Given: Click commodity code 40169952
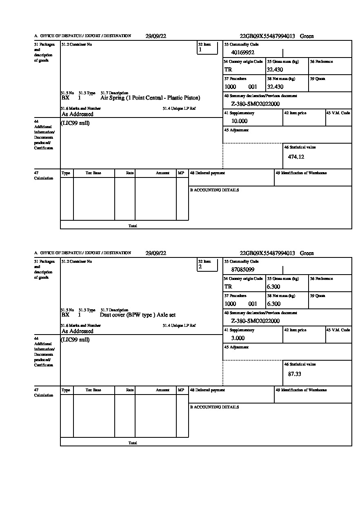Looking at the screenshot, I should pyautogui.click(x=242, y=53).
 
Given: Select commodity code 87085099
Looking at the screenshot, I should pyautogui.click(x=242, y=270).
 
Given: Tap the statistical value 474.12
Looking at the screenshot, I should pyautogui.click(x=296, y=157).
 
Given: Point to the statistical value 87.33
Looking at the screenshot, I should pyautogui.click(x=294, y=374).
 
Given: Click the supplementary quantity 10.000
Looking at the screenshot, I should pyautogui.click(x=239, y=121).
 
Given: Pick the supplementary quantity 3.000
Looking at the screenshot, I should pyautogui.click(x=238, y=338).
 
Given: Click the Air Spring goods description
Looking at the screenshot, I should pyautogui.click(x=150, y=98).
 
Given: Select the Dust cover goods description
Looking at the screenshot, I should pyautogui.click(x=138, y=315).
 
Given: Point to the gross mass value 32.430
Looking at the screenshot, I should pyautogui.click(x=275, y=70).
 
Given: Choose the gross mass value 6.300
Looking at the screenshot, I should pyautogui.click(x=273, y=287).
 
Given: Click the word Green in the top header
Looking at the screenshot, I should pyautogui.click(x=307, y=36).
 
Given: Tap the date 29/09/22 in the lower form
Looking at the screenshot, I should pyautogui.click(x=156, y=253).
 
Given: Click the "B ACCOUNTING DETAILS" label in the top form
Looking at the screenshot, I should pyautogui.click(x=214, y=190).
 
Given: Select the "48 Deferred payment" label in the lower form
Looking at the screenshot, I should pyautogui.click(x=207, y=390).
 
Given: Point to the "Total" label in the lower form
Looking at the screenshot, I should pyautogui.click(x=133, y=443).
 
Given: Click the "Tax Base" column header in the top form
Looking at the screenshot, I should pyautogui.click(x=93, y=173).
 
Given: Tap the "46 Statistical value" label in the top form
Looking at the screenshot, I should pyautogui.click(x=300, y=147).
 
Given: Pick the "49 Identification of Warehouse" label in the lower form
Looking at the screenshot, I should pyautogui.click(x=301, y=390).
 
